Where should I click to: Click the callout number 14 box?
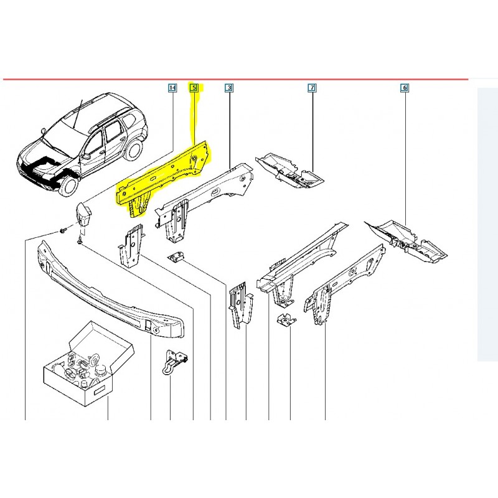pos(172,88)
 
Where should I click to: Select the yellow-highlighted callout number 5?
pos(194,88)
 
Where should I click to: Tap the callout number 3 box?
pos(228,88)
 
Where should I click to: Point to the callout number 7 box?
pos(311,88)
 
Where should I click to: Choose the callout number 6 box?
pos(404,88)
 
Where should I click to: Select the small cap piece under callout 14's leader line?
pos(85,215)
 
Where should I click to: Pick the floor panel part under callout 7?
pos(289,169)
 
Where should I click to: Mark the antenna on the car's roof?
pos(77,115)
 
